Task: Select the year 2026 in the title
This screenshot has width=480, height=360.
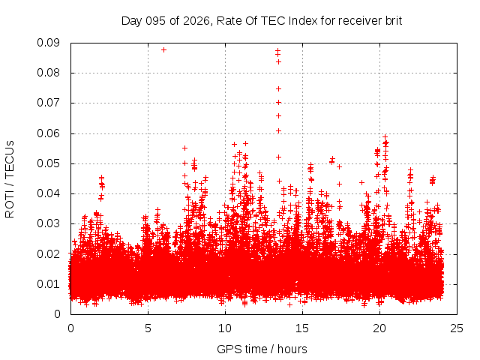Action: (x=195, y=21)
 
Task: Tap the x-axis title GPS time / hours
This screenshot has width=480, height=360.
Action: (x=262, y=349)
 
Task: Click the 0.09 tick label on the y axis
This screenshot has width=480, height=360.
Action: (x=49, y=43)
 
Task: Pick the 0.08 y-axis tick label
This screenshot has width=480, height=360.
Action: (x=49, y=73)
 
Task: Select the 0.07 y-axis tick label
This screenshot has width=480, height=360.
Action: (x=49, y=103)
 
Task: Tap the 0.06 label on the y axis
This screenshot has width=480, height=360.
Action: (x=49, y=133)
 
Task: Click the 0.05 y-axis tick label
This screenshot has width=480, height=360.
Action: (x=49, y=163)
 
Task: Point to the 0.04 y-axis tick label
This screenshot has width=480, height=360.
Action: (x=49, y=193)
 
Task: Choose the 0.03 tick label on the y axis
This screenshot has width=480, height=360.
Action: (x=49, y=223)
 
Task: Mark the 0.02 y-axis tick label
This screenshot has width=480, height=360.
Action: (x=49, y=253)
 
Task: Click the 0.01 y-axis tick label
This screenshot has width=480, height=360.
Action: (x=49, y=283)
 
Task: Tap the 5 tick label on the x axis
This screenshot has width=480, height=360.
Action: (x=148, y=328)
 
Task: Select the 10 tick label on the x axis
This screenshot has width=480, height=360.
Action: (x=225, y=328)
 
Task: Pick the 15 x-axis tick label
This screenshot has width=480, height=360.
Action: (x=302, y=328)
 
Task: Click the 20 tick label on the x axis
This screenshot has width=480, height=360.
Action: (x=379, y=328)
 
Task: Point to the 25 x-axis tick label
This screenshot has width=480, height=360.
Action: (x=457, y=328)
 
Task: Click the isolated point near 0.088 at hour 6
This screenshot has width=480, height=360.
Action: (x=163, y=49)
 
